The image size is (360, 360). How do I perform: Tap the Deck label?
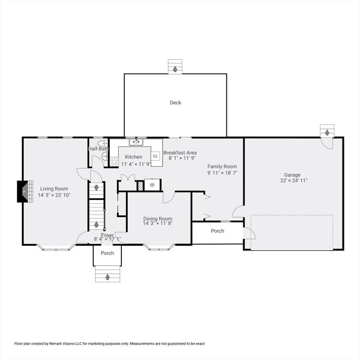pyautogui.click(x=175, y=103)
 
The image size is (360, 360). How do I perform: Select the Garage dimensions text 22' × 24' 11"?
pyautogui.click(x=294, y=180)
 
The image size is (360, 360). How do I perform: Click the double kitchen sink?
pyautogui.click(x=136, y=142)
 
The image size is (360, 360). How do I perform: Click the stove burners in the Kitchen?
pyautogui.click(x=114, y=162)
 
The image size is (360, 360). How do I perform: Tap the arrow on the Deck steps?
pyautogui.click(x=175, y=69)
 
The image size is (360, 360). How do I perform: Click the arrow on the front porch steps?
pyautogui.click(x=107, y=277)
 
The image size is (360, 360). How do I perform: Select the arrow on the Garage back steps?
pyautogui.click(x=327, y=133)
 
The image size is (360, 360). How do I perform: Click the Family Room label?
pyautogui.click(x=222, y=166)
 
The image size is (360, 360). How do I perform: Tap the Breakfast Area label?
pyautogui.click(x=180, y=153)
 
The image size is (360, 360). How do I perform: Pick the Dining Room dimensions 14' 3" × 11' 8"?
pyautogui.click(x=157, y=224)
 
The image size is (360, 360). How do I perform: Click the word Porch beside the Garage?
pyautogui.click(x=217, y=231)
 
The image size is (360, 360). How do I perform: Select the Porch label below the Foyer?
pyautogui.click(x=107, y=253)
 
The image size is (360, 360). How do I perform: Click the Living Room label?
pyautogui.click(x=54, y=188)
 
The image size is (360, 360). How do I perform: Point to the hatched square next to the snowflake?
pyautogui.click(x=140, y=185)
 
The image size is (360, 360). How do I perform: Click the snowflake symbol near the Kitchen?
pyautogui.click(x=152, y=185)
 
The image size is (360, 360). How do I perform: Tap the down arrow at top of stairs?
pyautogui.click(x=97, y=188)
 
